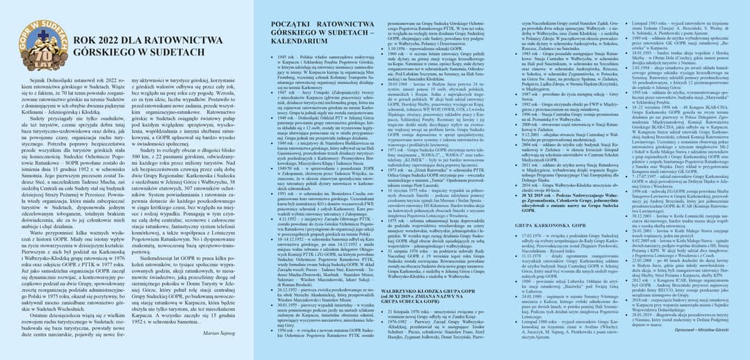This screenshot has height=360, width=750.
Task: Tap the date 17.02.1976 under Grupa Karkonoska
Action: click(535, 236)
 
